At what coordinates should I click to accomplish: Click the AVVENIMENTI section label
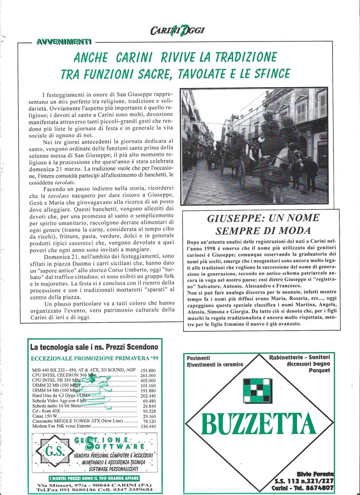64,42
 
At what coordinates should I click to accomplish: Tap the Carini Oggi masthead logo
177,30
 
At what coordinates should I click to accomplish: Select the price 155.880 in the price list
148,370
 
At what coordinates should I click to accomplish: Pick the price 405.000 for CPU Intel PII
148,381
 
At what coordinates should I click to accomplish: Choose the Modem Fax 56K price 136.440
148,426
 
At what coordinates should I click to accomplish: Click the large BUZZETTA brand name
259,424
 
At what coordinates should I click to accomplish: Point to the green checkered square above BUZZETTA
257,390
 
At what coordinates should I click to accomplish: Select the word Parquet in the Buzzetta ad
319,370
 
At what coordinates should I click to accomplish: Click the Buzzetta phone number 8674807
318,487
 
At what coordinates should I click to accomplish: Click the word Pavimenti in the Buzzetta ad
199,358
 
